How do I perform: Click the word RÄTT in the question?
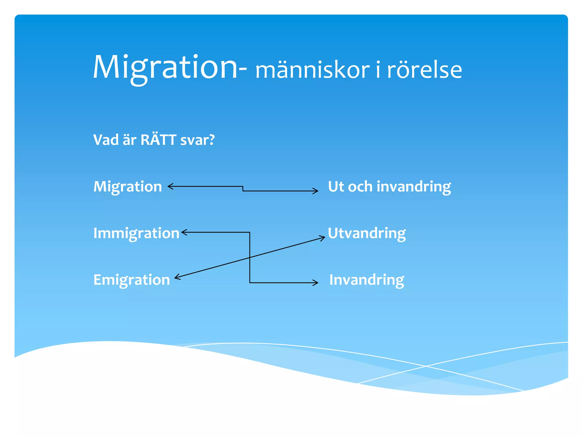(x=158, y=140)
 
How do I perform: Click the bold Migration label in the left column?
(x=128, y=187)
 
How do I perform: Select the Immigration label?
(x=136, y=233)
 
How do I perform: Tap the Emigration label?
(x=132, y=280)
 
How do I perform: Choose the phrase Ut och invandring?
(x=389, y=187)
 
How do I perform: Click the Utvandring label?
(x=367, y=233)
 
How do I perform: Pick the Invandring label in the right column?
(x=367, y=280)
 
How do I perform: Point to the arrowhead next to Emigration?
(x=177, y=277)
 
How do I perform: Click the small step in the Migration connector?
(x=243, y=189)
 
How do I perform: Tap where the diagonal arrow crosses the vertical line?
(x=250, y=257)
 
